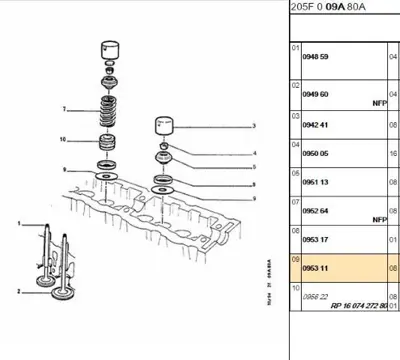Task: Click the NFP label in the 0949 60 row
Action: pos(378,102)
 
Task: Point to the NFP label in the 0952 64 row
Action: pos(378,219)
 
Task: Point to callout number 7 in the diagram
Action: pos(64,108)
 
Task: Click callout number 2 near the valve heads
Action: pos(19,291)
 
